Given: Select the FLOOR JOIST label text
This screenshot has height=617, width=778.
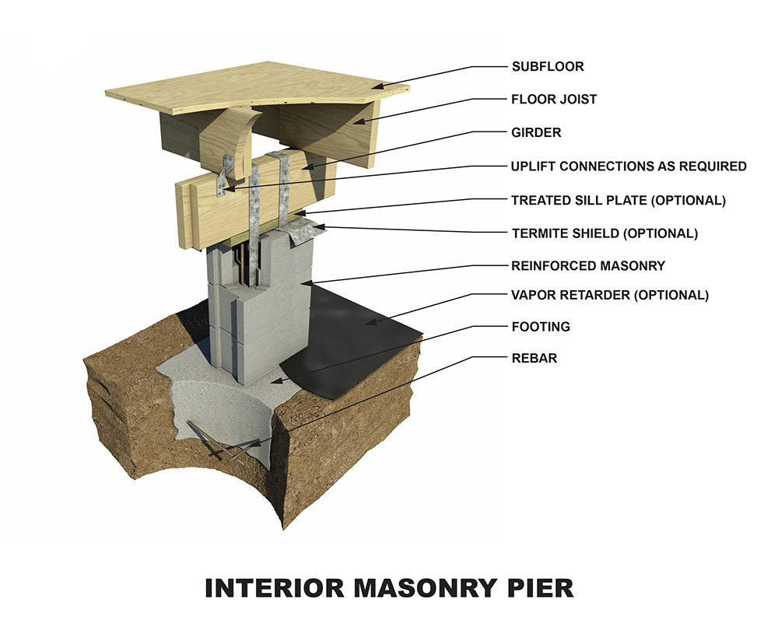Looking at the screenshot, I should (554, 100).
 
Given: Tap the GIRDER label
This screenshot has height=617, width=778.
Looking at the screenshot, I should (536, 133).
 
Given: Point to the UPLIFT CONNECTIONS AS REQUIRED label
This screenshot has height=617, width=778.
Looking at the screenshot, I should (629, 167).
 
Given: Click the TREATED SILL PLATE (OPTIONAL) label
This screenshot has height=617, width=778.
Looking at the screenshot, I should (618, 200).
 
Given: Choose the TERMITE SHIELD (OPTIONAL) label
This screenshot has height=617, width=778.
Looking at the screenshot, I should (605, 233).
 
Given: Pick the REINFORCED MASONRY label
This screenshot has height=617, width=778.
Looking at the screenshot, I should (588, 266).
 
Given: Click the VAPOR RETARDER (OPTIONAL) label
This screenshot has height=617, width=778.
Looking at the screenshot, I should (610, 296).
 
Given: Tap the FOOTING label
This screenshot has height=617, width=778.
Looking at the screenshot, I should (541, 327).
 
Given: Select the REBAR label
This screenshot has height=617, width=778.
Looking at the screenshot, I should (534, 359).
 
